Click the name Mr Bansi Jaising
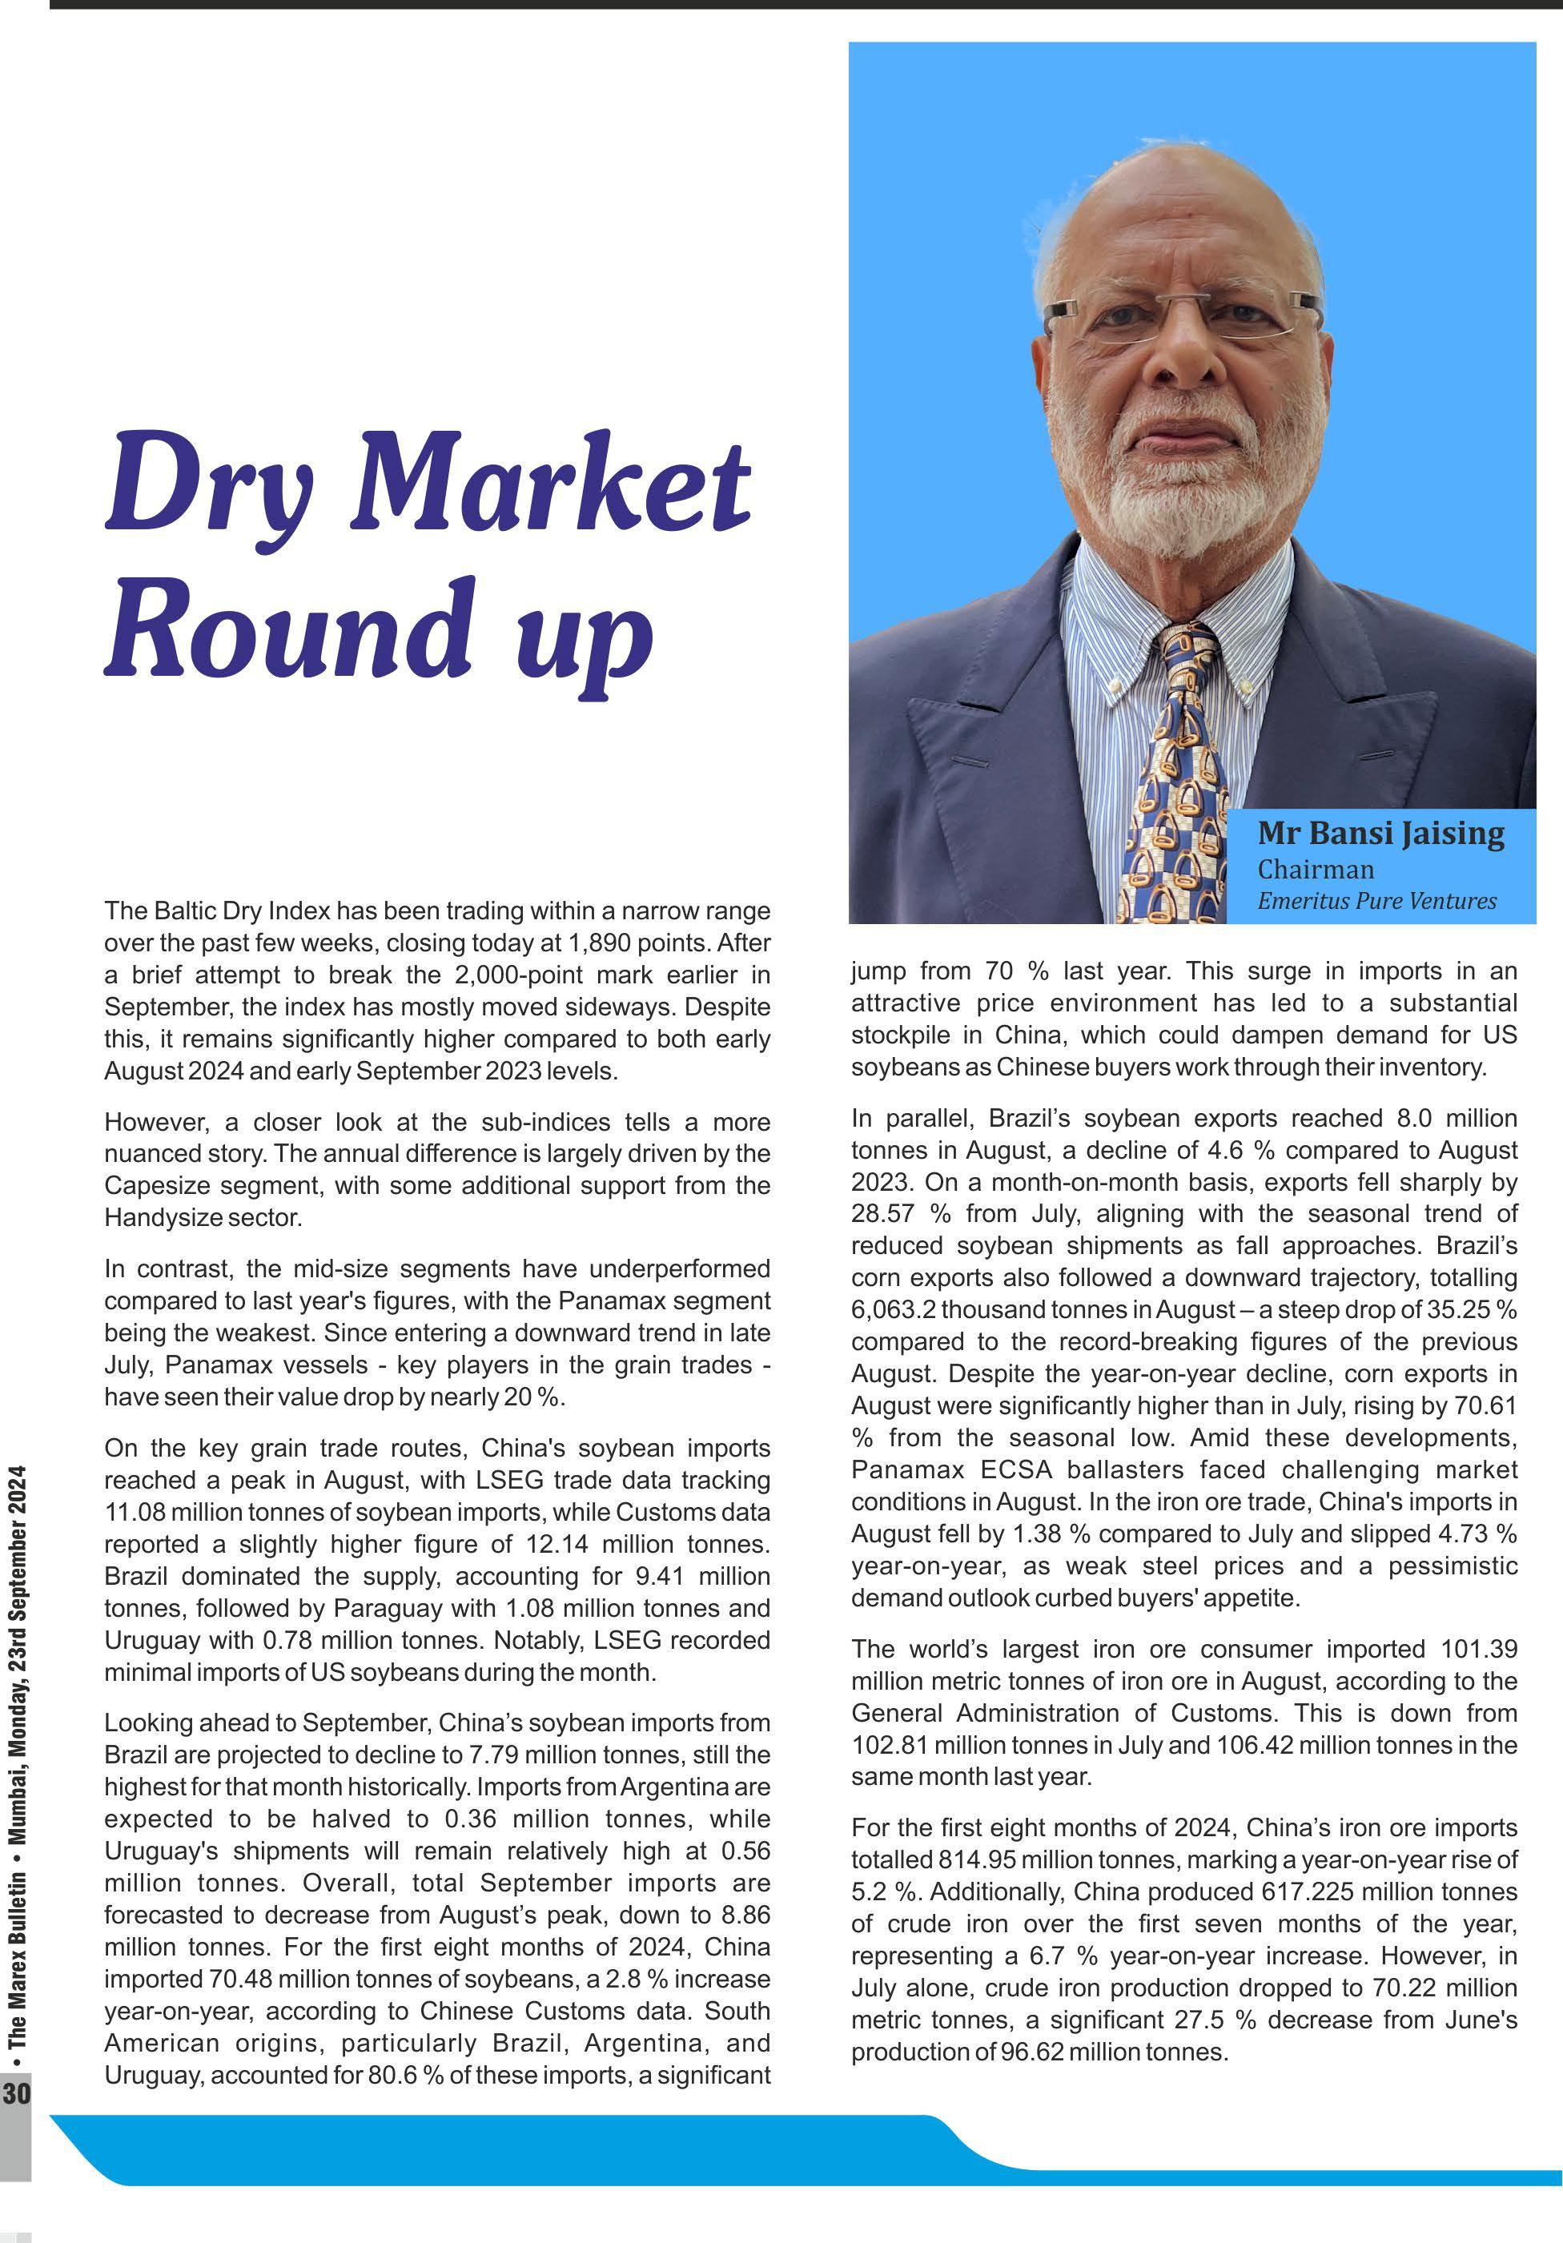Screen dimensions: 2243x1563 coord(1380,834)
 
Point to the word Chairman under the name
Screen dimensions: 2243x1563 coord(1315,869)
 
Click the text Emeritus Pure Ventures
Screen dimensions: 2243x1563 coord(1376,901)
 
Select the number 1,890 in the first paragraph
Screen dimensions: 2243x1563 coord(600,943)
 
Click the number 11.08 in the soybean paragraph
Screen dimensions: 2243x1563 coord(135,1512)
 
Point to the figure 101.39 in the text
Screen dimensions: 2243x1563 coord(1479,1649)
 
